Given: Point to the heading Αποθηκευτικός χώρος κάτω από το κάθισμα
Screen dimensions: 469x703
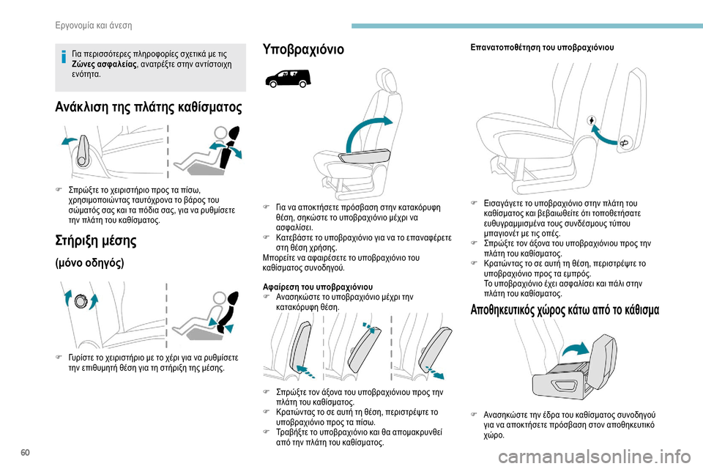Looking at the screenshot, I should tap(565, 310).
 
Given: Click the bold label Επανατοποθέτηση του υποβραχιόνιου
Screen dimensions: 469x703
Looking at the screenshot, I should tap(541, 48).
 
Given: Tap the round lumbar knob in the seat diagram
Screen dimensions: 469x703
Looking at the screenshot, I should tap(81, 300).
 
